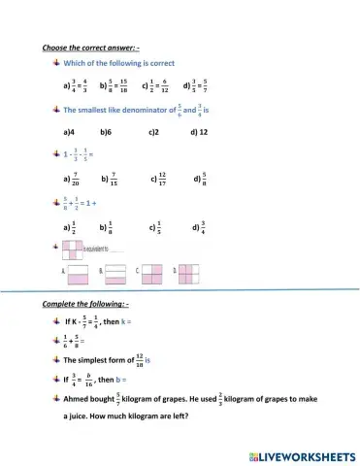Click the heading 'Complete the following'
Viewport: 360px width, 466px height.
[88, 305]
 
